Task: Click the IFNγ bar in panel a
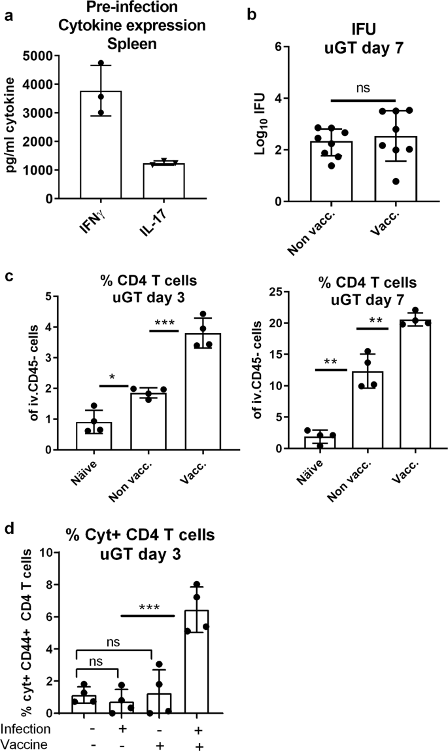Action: click(x=100, y=145)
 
